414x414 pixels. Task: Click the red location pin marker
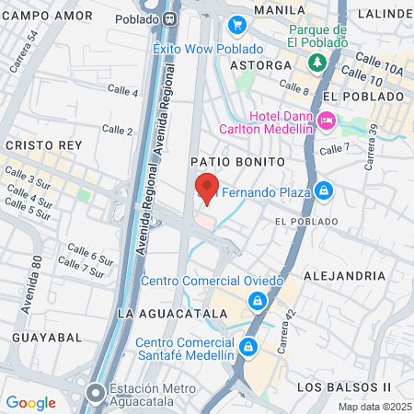[207, 188]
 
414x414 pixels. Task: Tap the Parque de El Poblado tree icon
[317, 62]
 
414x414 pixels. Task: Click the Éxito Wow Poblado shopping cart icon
[237, 25]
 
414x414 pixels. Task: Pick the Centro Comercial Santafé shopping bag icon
[247, 347]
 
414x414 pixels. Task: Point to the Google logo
[30, 402]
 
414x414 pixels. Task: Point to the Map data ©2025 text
[374, 407]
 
